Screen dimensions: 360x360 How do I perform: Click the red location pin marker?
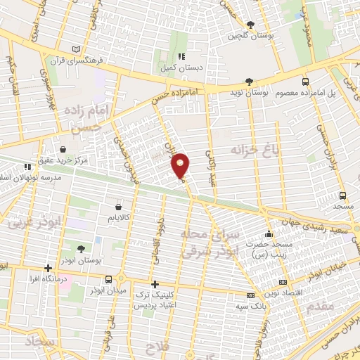pyautogui.click(x=181, y=167)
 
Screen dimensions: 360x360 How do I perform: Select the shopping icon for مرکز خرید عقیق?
pyautogui.click(x=63, y=149)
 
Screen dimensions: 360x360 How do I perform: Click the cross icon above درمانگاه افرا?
pyautogui.click(x=48, y=268)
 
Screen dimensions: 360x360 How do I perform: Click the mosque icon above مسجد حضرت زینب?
pyautogui.click(x=268, y=234)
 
